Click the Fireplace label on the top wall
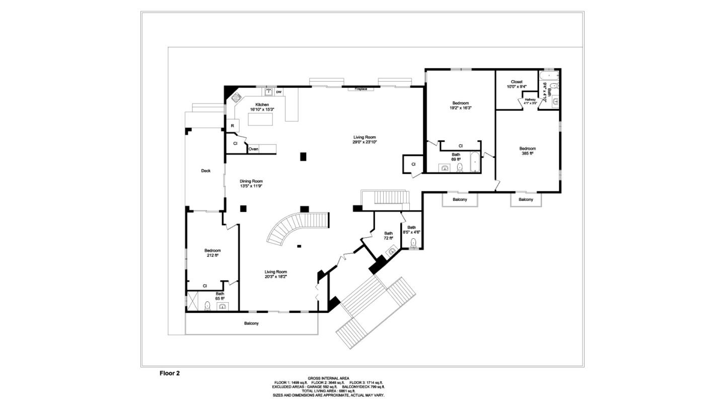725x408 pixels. (x=361, y=89)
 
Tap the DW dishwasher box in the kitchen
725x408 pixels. (x=278, y=92)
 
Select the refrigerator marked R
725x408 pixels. (x=232, y=125)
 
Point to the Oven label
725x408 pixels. (x=253, y=149)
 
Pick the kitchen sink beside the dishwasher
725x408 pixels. (x=269, y=92)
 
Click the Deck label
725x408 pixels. (x=205, y=171)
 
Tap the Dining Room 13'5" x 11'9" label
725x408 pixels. (x=251, y=183)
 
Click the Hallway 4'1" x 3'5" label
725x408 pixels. (x=530, y=101)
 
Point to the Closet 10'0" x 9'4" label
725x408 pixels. (x=517, y=84)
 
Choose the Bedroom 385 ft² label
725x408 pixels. (x=527, y=151)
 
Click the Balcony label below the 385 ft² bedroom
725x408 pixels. (x=526, y=199)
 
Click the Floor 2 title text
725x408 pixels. (x=170, y=373)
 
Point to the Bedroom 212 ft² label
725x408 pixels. (x=212, y=253)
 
